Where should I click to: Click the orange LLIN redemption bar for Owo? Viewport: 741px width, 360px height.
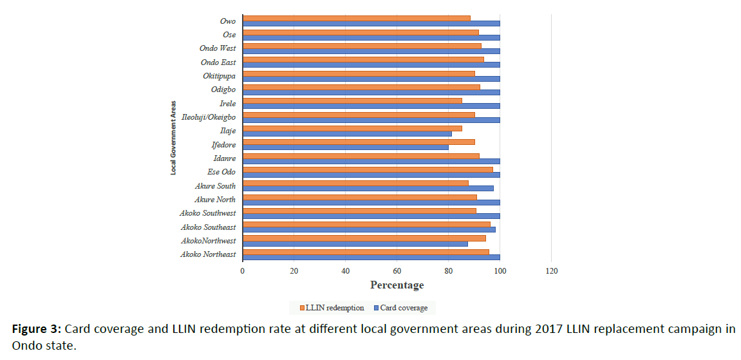tap(356, 18)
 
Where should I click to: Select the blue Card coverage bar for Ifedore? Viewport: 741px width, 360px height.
tap(345, 147)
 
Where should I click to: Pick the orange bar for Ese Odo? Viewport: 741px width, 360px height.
tap(368, 169)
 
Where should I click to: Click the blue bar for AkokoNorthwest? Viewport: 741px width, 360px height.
tap(355, 243)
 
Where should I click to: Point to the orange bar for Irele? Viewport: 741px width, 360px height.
tap(352, 100)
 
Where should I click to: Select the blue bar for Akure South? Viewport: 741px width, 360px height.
tap(368, 188)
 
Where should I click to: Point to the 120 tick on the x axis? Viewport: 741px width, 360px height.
tap(551, 270)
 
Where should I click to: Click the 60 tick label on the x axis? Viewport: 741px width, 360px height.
tap(397, 270)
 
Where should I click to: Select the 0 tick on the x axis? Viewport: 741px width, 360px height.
tap(243, 270)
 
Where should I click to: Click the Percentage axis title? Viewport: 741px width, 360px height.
tap(397, 285)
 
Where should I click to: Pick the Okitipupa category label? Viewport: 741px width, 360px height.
tap(219, 76)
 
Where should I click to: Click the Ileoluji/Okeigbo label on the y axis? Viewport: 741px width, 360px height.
tap(209, 117)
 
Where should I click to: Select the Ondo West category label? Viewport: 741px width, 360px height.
tap(218, 48)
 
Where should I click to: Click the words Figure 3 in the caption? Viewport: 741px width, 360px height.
tap(36, 329)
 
